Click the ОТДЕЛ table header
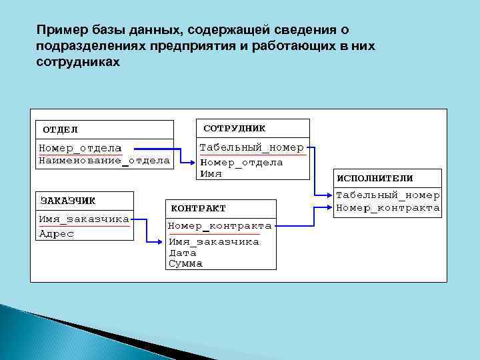(61, 129)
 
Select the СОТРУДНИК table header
(234, 127)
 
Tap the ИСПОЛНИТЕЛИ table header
(375, 178)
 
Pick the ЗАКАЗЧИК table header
(68, 200)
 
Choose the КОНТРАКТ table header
(199, 208)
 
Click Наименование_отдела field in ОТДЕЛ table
(104, 160)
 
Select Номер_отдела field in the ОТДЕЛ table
(80, 148)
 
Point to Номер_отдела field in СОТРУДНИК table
(241, 162)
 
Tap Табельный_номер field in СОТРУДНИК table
(252, 147)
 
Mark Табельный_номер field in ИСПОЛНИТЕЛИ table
(387, 195)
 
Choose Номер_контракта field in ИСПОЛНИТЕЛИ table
(387, 208)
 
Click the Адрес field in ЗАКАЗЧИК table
(57, 233)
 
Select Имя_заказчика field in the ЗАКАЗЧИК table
(84, 219)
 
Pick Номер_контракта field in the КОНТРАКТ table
(219, 226)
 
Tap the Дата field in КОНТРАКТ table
(182, 253)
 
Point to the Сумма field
(185, 264)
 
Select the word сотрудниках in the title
(79, 62)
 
